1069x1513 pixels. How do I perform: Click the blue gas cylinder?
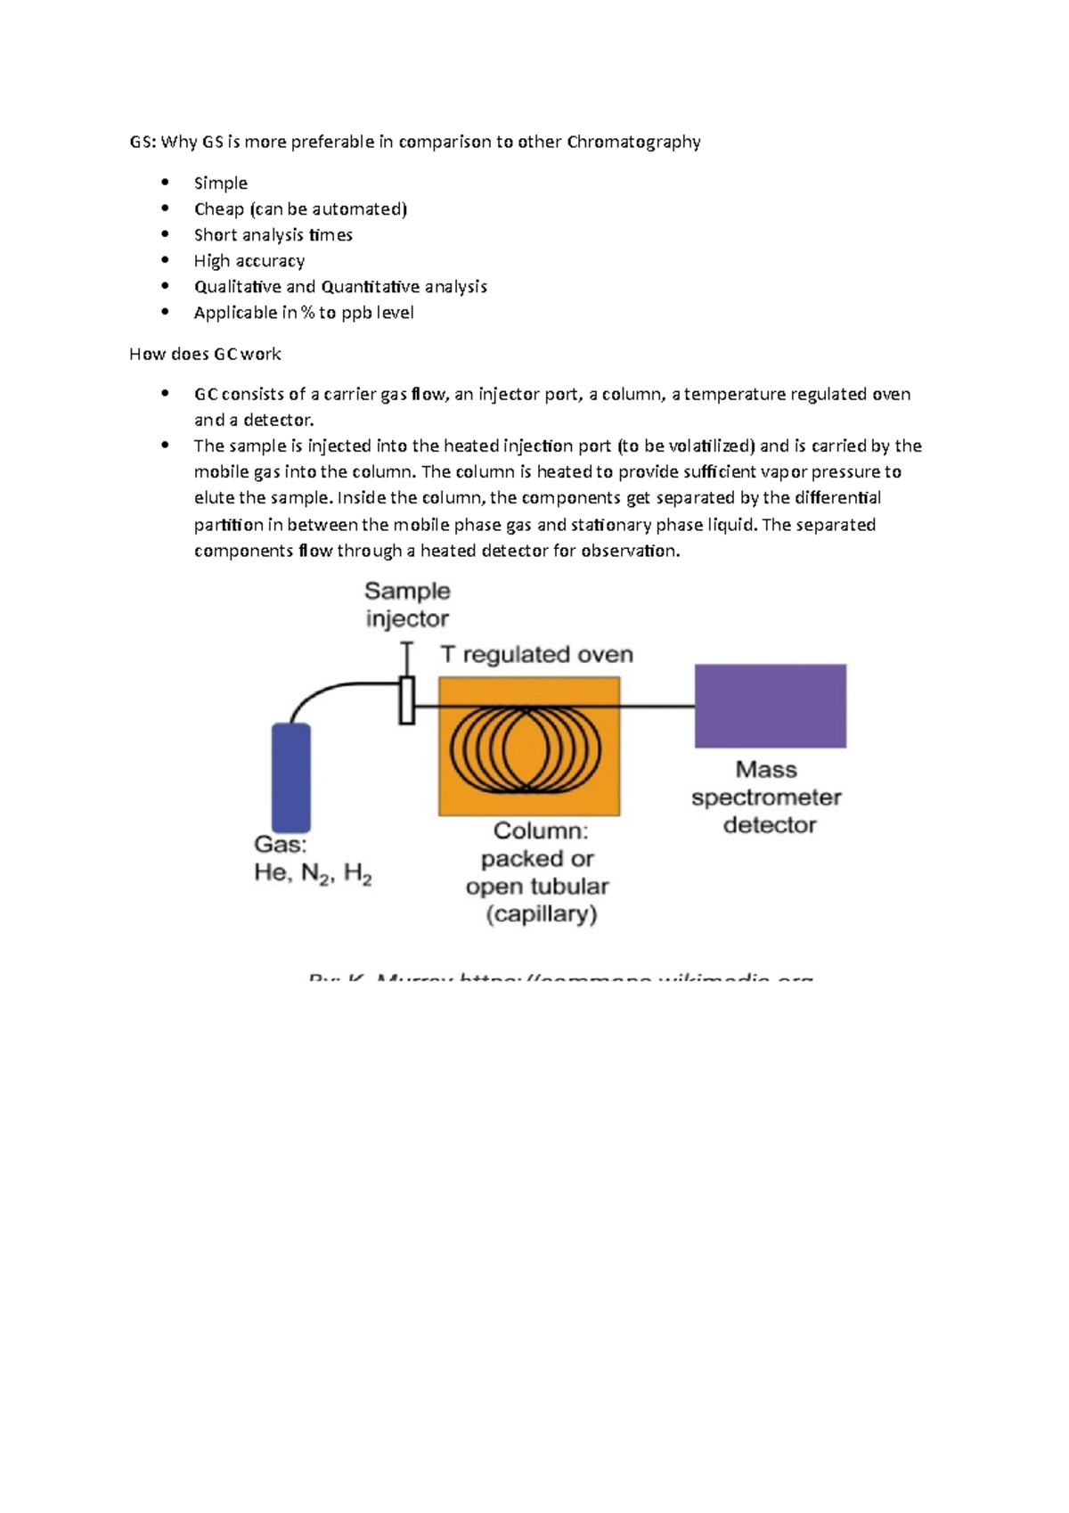290,777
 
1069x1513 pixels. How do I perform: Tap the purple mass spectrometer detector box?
770,706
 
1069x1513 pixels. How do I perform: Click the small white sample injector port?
407,700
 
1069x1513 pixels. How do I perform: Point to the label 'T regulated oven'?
536,655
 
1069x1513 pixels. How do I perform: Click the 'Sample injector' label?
407,605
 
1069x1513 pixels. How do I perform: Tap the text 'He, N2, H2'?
313,873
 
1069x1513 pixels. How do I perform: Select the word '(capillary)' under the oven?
542,914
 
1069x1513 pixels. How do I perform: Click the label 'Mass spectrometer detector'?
767,797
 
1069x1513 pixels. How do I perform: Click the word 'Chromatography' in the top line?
633,142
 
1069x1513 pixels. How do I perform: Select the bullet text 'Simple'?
221,184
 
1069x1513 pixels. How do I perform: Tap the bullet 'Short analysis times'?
273,235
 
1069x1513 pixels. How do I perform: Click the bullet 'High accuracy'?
249,261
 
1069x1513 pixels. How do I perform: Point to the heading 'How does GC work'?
205,354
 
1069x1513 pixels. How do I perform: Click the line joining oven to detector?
657,707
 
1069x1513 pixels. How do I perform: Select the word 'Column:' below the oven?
541,831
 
